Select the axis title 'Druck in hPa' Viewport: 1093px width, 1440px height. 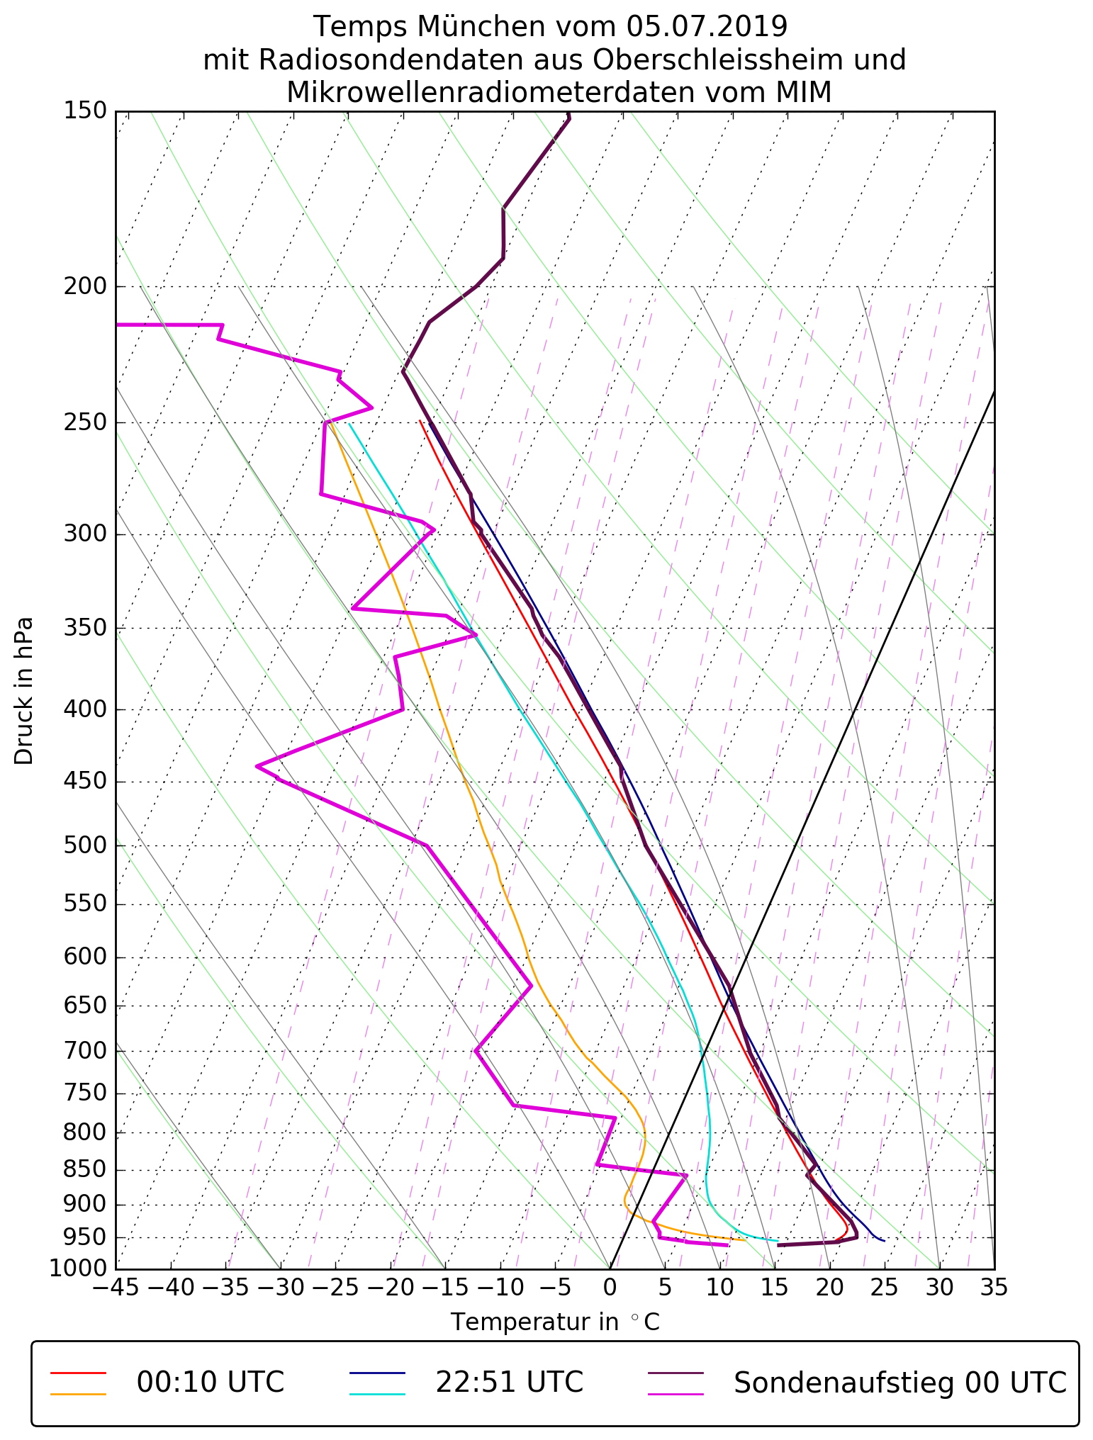point(24,691)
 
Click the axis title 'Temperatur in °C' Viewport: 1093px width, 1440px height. point(555,1322)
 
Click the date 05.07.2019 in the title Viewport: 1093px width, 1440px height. point(707,27)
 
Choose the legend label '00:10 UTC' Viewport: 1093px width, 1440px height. point(211,1382)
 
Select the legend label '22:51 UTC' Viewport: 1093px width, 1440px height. point(509,1382)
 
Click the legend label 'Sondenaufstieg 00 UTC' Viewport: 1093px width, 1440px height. point(899,1382)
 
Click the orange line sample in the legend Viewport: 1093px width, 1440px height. point(78,1394)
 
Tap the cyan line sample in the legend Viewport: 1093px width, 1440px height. point(377,1394)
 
